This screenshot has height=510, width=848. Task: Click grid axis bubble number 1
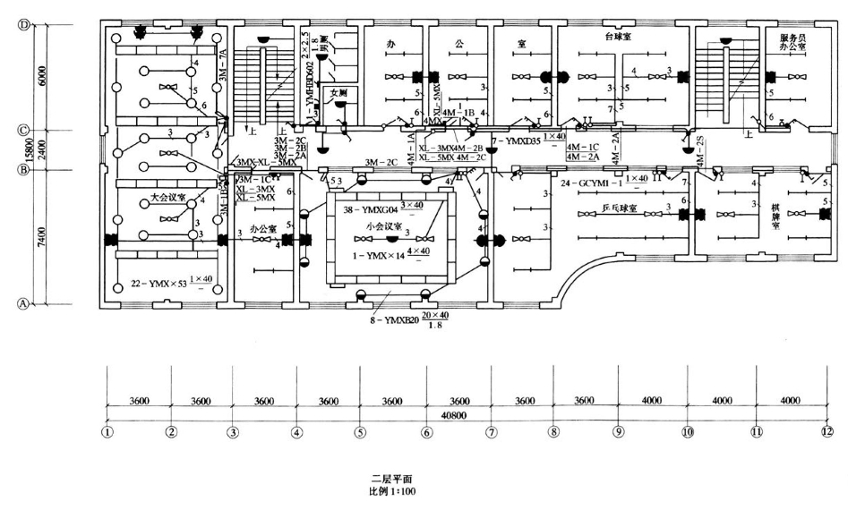tap(107, 432)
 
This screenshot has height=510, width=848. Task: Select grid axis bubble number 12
tap(826, 432)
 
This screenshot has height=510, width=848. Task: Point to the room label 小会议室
tap(382, 226)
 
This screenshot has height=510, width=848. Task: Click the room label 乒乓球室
tap(618, 208)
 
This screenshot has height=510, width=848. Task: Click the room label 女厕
tap(338, 92)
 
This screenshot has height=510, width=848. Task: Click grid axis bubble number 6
tap(426, 432)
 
